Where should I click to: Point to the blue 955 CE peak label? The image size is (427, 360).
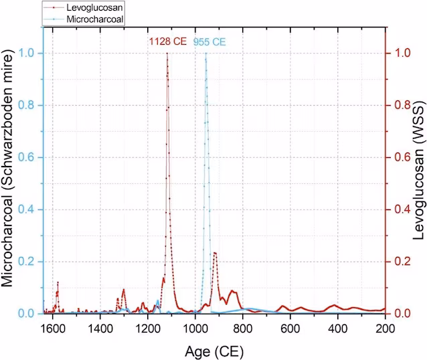pyautogui.click(x=210, y=42)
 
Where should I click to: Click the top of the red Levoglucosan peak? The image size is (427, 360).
pyautogui.click(x=167, y=54)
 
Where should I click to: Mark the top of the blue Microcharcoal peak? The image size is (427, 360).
pyautogui.click(x=205, y=54)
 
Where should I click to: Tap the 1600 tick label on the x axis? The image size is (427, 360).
pyautogui.click(x=53, y=329)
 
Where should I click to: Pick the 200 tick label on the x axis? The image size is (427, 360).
pyautogui.click(x=386, y=329)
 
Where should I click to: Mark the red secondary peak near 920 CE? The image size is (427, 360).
pyautogui.click(x=214, y=252)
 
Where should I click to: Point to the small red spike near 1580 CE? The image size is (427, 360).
pyautogui.click(x=58, y=282)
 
